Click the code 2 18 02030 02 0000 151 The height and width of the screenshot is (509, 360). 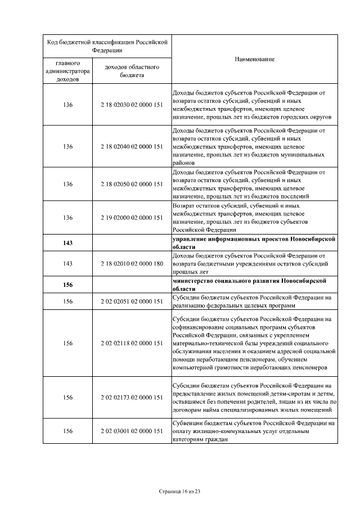tap(132, 105)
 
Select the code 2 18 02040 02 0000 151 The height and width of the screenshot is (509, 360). tap(132, 146)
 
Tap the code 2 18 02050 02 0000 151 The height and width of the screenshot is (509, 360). tap(132, 184)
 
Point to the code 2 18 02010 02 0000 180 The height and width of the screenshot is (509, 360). tap(132, 263)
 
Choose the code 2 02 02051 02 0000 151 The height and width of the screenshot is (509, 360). tap(132, 301)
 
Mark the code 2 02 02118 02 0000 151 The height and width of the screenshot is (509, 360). tap(132, 343)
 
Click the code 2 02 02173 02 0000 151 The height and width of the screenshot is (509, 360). tap(132, 398)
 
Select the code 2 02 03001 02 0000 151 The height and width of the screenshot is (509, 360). tap(132, 430)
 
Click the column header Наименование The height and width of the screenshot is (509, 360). tap(254, 59)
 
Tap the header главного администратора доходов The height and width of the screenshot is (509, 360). tap(67, 71)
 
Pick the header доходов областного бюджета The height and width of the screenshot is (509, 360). tap(132, 71)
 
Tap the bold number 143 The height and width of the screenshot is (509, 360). tap(68, 243)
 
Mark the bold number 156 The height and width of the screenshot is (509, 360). tap(68, 285)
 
